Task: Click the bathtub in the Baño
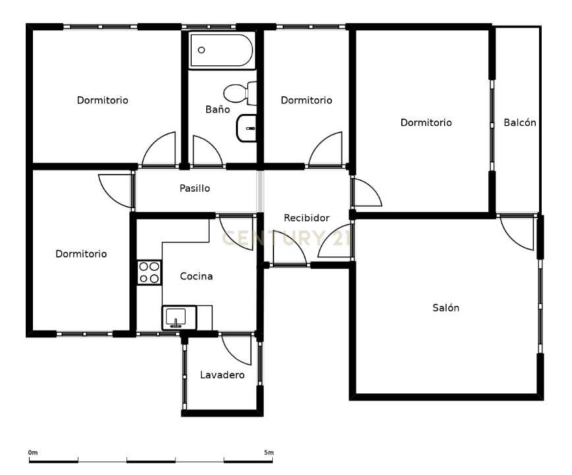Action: [x=221, y=51]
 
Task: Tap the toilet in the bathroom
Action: [x=240, y=94]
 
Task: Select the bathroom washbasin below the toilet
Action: [x=246, y=128]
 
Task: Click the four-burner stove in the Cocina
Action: [x=149, y=273]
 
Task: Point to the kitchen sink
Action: [x=179, y=318]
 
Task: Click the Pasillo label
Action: [x=195, y=188]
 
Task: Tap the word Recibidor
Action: [x=306, y=218]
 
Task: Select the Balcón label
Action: [x=520, y=123]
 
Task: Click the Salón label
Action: [x=445, y=308]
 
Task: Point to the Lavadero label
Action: [x=222, y=375]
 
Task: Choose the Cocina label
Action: [x=196, y=276]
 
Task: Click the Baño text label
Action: [x=217, y=109]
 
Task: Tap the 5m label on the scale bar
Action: [x=269, y=453]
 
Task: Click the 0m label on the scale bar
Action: [x=33, y=453]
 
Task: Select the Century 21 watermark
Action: [x=287, y=238]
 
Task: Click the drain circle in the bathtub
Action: [x=201, y=50]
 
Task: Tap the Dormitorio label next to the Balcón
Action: [x=426, y=123]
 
